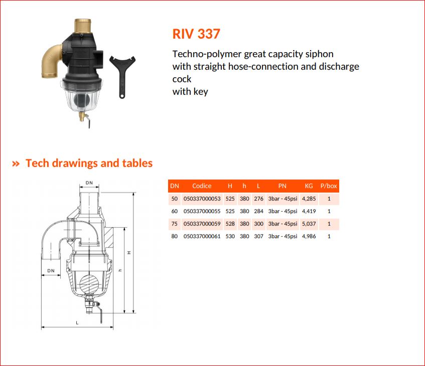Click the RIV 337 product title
click(x=196, y=34)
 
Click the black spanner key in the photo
click(x=122, y=76)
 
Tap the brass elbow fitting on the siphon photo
click(x=52, y=62)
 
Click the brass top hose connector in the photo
click(x=83, y=26)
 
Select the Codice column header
click(x=202, y=186)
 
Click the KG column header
click(x=309, y=186)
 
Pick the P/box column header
click(x=329, y=186)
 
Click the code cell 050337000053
click(x=202, y=199)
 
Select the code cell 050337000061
click(x=202, y=236)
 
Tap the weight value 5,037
click(x=309, y=224)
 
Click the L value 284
click(x=258, y=211)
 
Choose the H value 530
click(x=230, y=236)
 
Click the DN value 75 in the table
click(x=174, y=224)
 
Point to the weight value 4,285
click(x=309, y=199)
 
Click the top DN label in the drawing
click(x=89, y=182)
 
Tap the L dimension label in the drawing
click(x=77, y=323)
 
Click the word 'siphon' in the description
click(x=320, y=54)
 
